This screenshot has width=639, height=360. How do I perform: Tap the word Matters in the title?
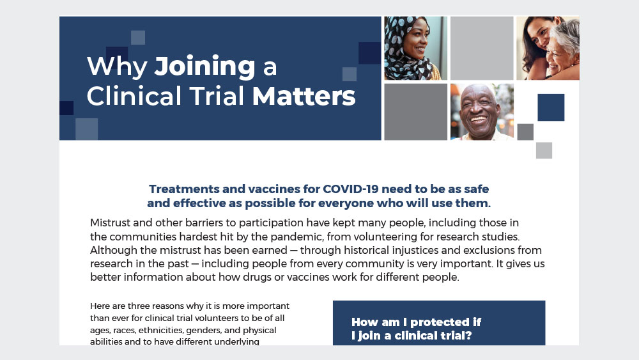(304, 96)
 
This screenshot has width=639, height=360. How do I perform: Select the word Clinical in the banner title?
(134, 96)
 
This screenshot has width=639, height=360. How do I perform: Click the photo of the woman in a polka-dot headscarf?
(416, 48)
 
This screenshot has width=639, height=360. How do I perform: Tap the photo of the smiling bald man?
(482, 112)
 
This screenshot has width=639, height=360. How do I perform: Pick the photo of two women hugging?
(548, 48)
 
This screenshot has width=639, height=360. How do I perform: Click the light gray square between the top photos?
(482, 48)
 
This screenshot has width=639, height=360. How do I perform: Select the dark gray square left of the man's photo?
(416, 112)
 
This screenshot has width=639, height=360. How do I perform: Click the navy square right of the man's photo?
(551, 107)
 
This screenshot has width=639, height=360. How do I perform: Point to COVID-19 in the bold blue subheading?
(350, 189)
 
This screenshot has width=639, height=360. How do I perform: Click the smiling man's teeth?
(478, 120)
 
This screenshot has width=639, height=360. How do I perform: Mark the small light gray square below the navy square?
(544, 150)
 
